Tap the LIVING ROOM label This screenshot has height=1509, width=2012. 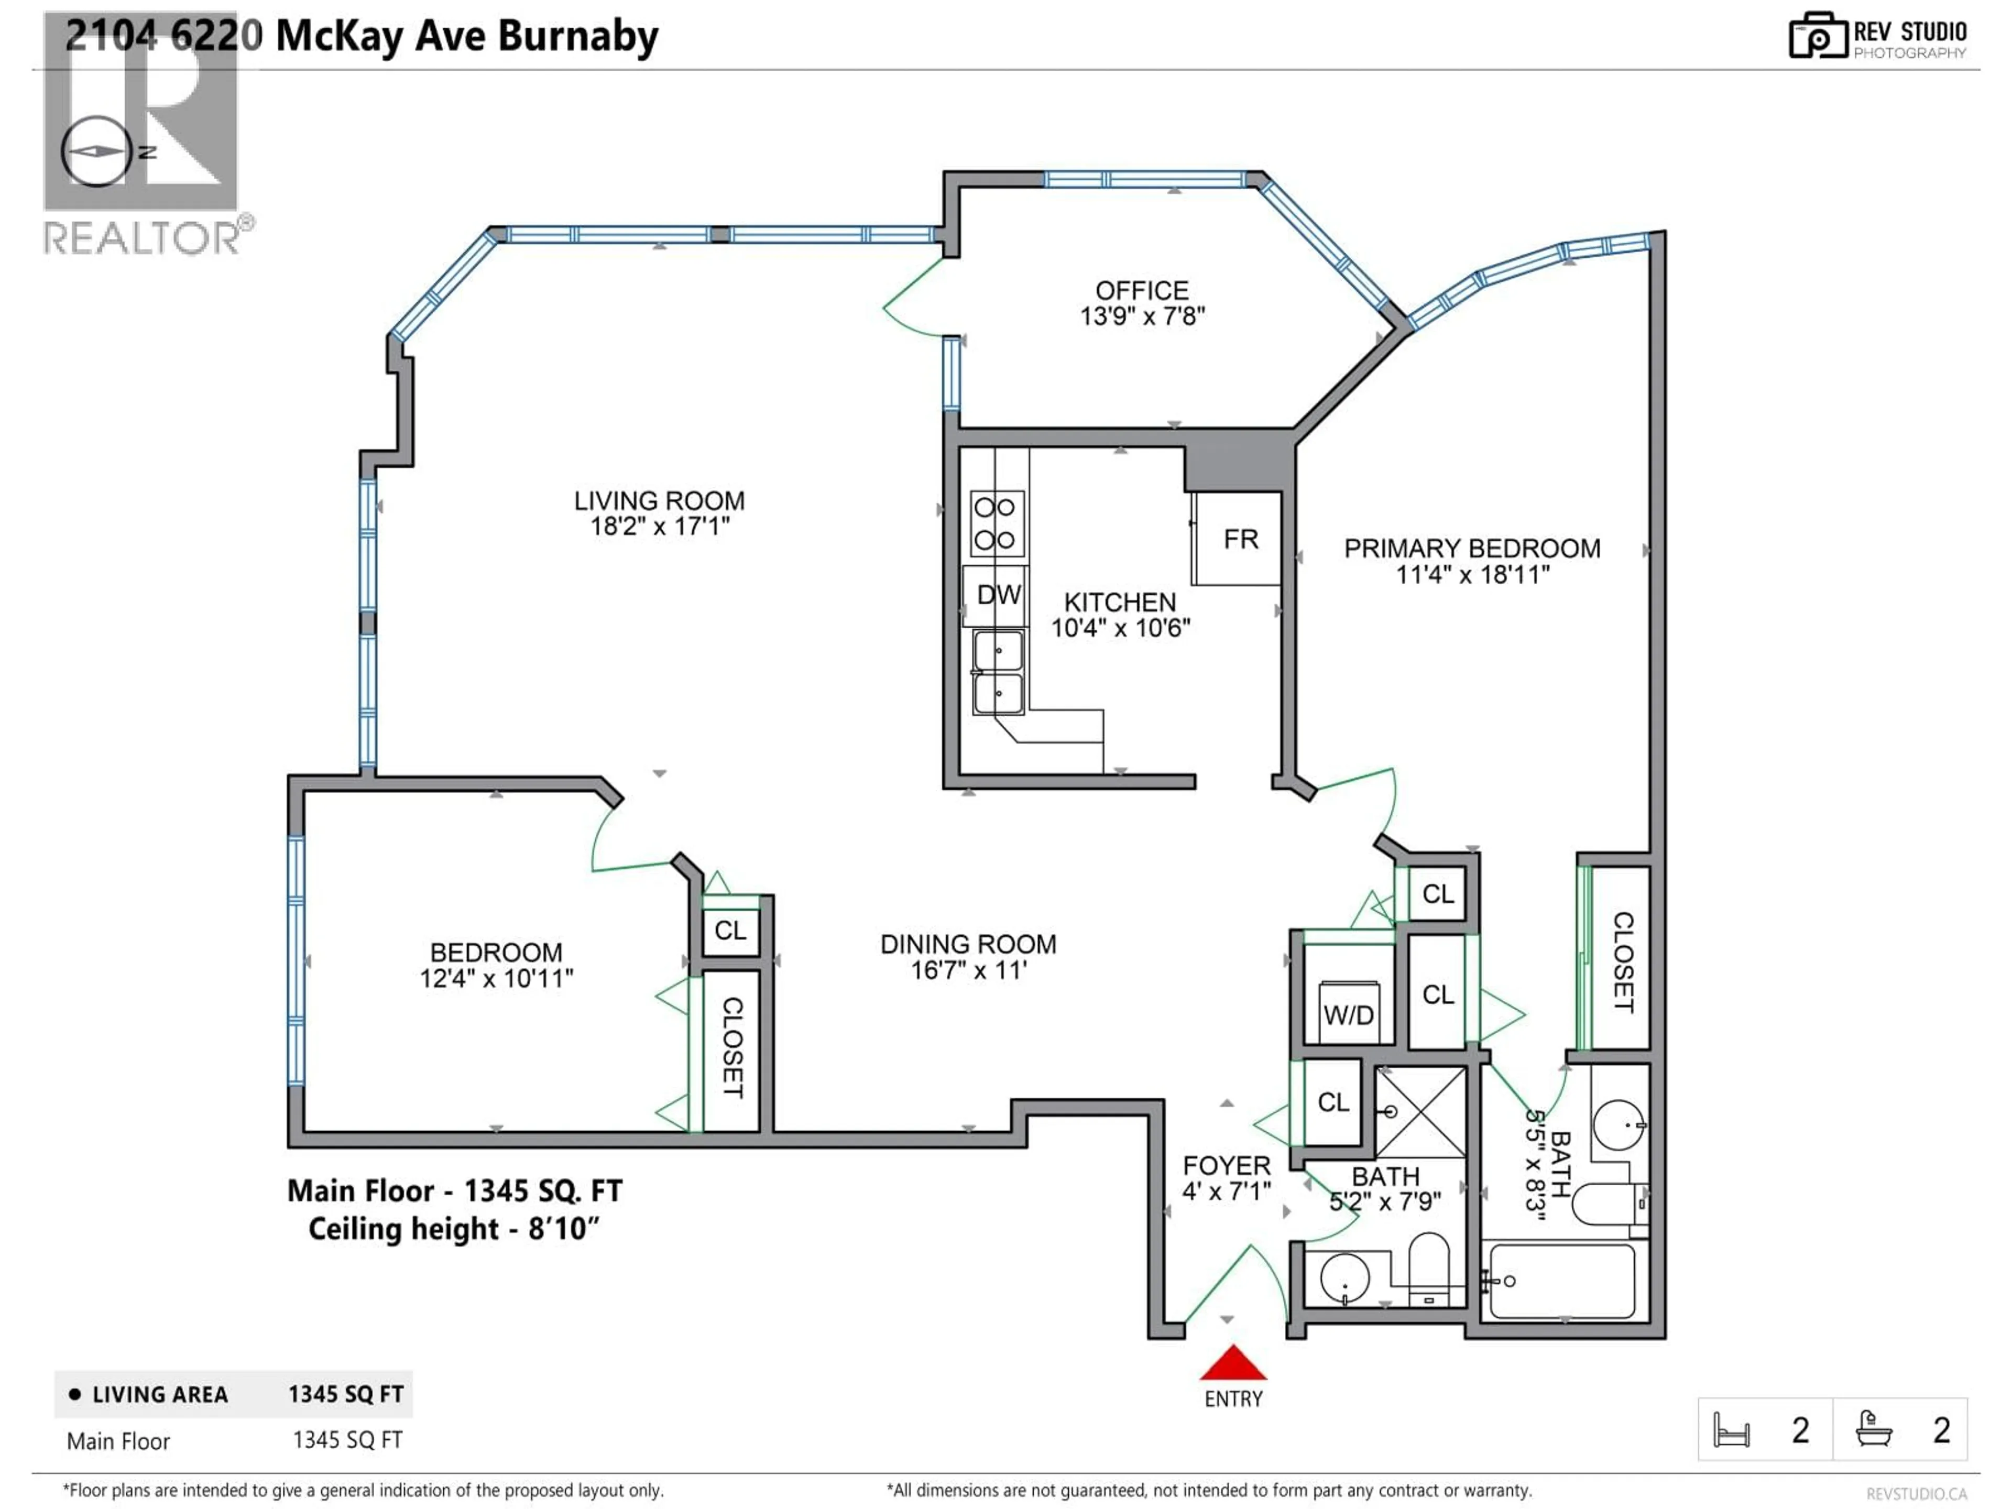(x=660, y=501)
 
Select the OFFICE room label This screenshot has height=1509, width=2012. (x=1142, y=291)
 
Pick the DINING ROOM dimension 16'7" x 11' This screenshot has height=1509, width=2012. (x=969, y=970)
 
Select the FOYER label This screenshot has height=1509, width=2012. (x=1226, y=1165)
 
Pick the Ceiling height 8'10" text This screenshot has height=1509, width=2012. (x=454, y=1229)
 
